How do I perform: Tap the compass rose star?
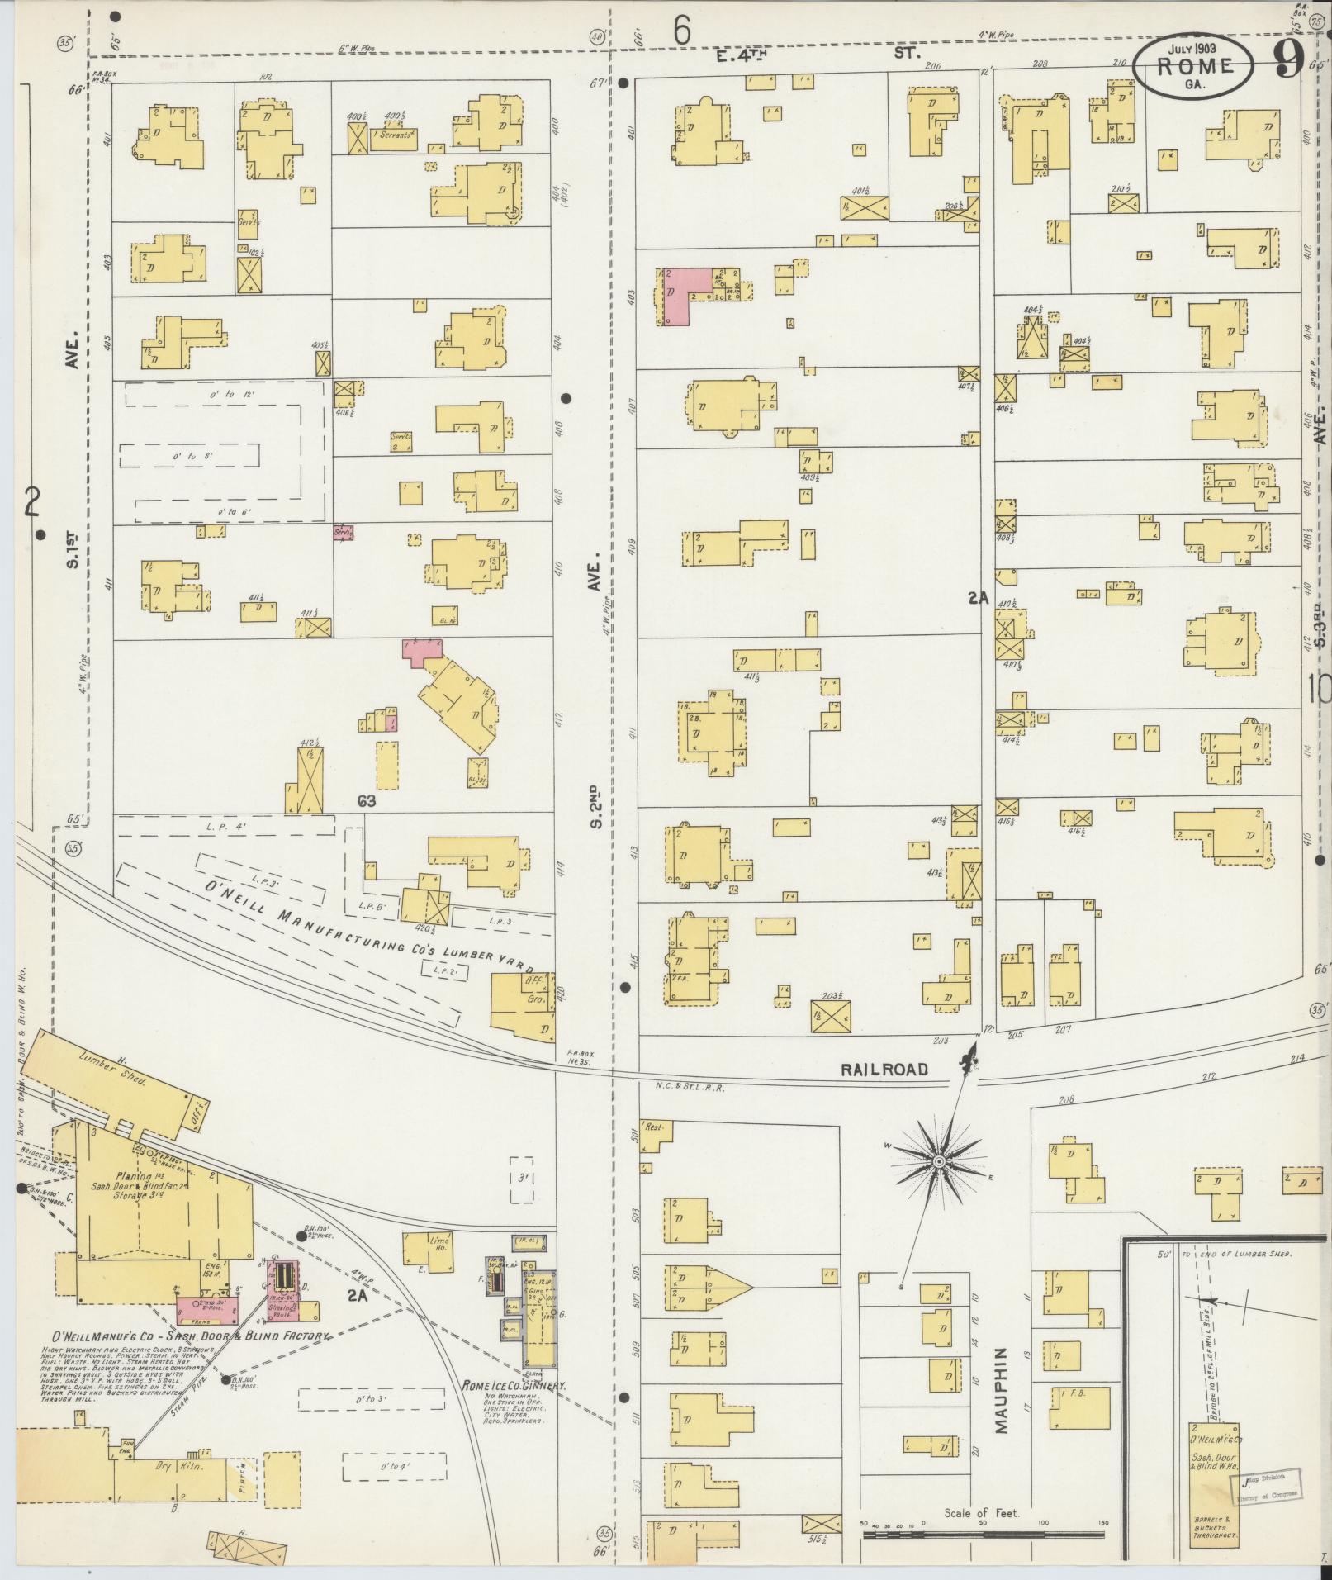tap(939, 1161)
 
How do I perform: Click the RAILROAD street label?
tap(884, 1069)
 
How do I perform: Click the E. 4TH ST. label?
tap(818, 53)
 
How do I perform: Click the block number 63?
tap(367, 800)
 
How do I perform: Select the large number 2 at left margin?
tap(32, 501)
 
